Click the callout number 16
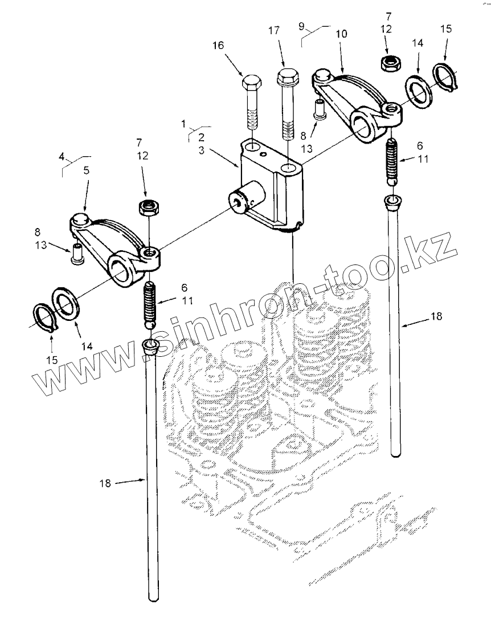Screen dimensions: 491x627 point(218,45)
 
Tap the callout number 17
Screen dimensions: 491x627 point(274,30)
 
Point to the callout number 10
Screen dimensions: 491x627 point(342,34)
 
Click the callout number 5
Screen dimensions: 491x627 point(86,170)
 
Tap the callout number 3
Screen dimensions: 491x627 point(201,150)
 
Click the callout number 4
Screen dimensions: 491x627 point(61,156)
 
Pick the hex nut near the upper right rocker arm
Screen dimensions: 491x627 point(388,63)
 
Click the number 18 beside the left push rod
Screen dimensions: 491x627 point(105,483)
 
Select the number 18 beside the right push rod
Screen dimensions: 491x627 point(436,316)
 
